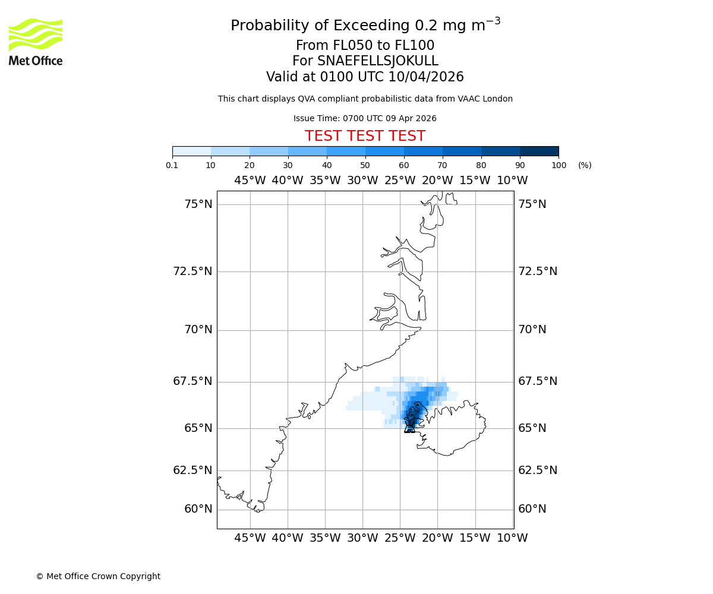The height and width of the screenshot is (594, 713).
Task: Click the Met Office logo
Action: tap(36, 42)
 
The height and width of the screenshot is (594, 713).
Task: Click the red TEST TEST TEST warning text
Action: tap(365, 136)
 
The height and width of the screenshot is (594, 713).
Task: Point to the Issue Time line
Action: tap(365, 118)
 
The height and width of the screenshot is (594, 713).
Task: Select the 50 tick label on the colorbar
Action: tap(365, 165)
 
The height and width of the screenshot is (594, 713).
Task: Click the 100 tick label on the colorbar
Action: tap(559, 165)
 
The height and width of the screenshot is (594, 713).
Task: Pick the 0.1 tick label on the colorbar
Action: tap(172, 165)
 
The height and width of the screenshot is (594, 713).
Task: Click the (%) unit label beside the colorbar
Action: tap(585, 165)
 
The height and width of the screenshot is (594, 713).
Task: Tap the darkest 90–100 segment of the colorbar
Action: tap(539, 151)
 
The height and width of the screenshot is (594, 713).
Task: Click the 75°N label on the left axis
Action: tap(198, 204)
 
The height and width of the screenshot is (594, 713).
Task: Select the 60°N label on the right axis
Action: tap(532, 509)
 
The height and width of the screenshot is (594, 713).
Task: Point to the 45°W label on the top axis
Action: tap(250, 181)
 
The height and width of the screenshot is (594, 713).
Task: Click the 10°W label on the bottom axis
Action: tap(512, 538)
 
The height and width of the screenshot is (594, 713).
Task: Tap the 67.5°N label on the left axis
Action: tap(193, 381)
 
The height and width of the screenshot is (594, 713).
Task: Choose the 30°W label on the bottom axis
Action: tap(362, 538)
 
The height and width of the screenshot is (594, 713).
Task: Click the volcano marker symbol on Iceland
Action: tap(409, 427)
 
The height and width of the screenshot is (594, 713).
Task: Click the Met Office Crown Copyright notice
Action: tap(98, 576)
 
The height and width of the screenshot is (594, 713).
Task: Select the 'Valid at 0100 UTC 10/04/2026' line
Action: tap(365, 77)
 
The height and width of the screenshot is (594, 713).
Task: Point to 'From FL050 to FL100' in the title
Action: tap(365, 46)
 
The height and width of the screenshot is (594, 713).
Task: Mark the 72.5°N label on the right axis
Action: tap(538, 271)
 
